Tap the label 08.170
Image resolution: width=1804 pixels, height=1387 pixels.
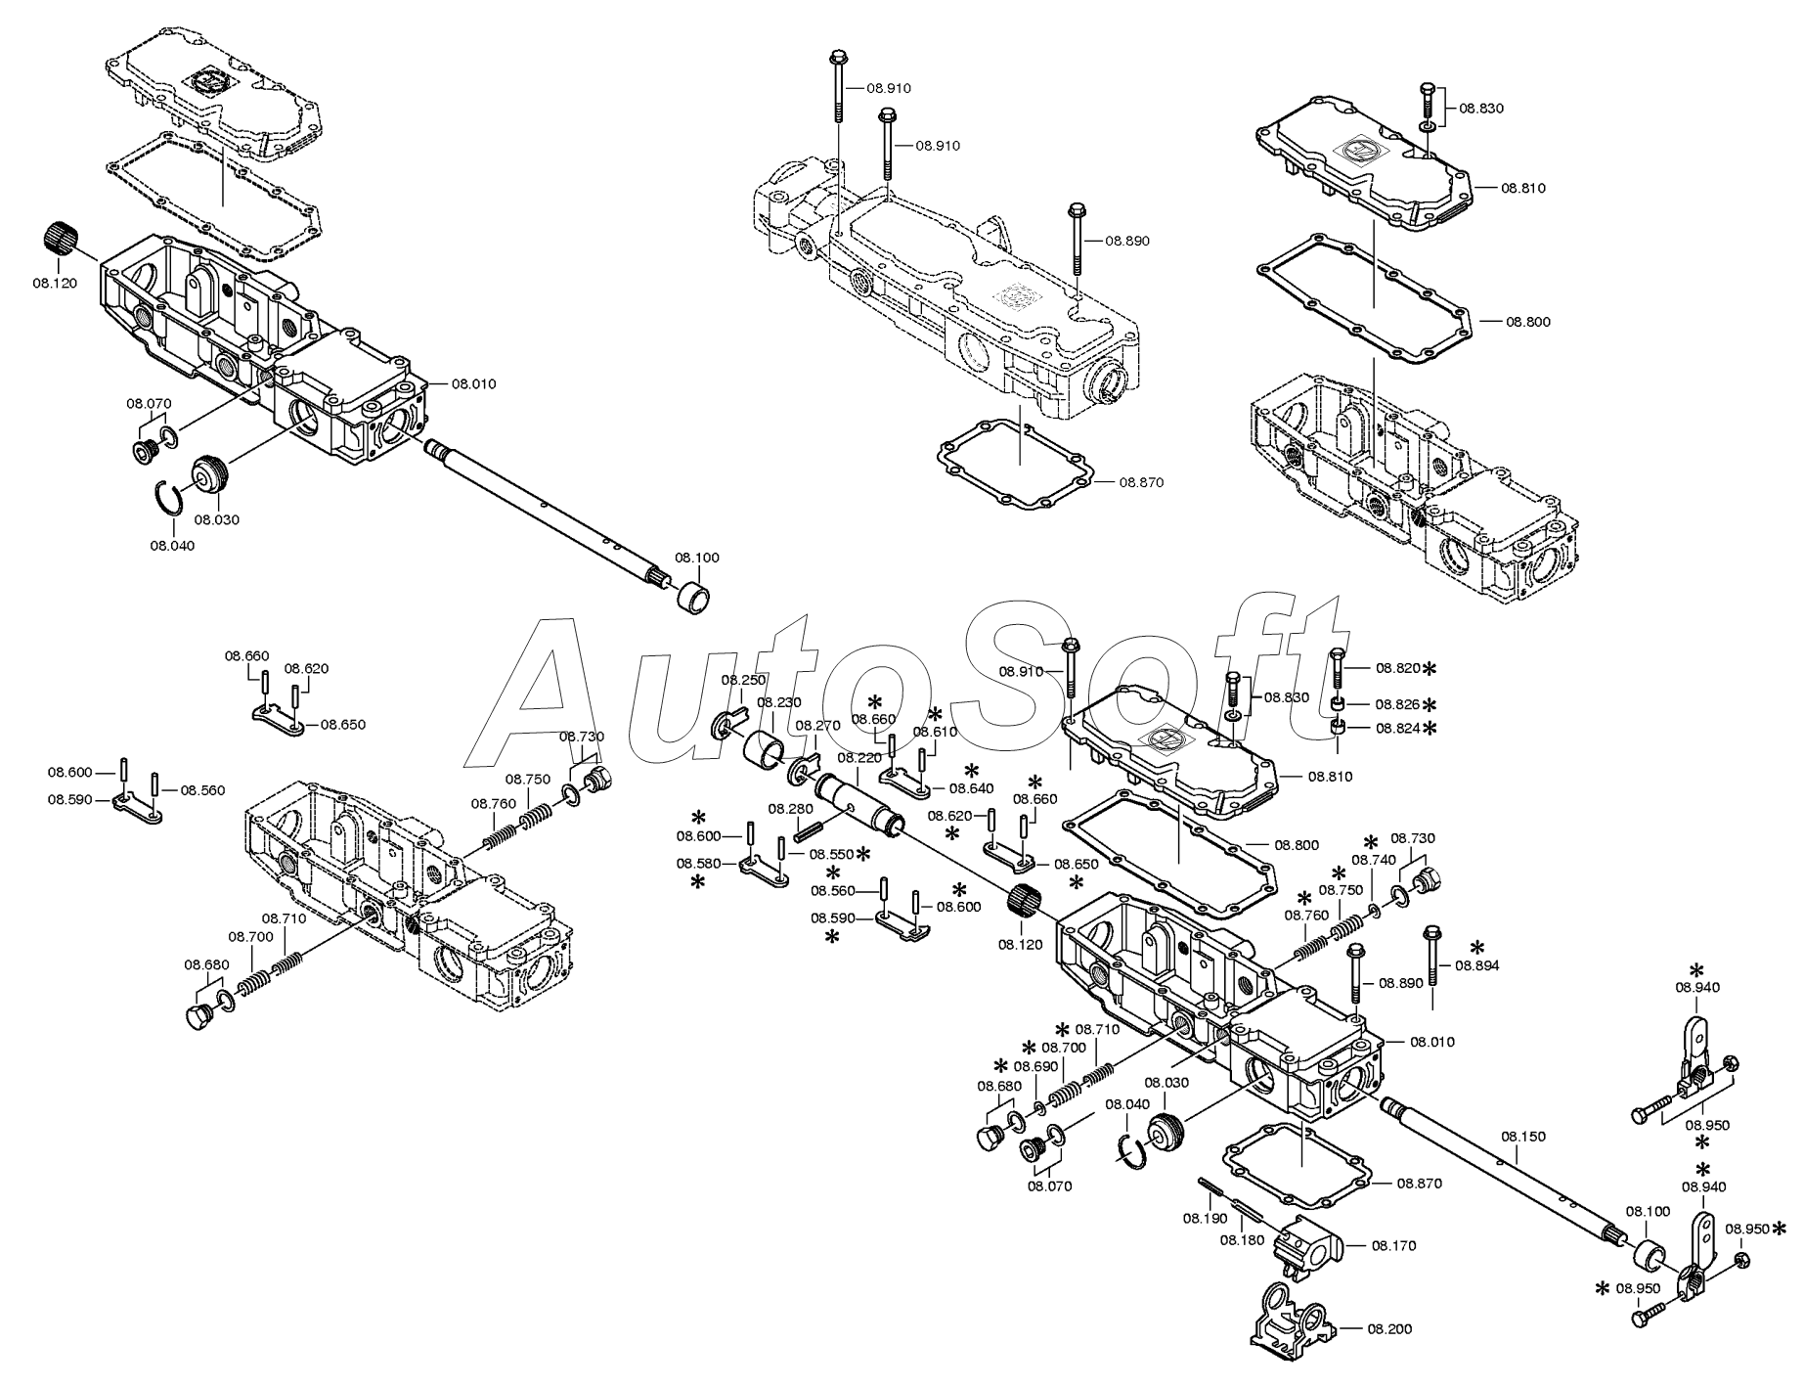(x=1393, y=1245)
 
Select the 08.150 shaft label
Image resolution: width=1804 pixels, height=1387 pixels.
(x=1523, y=1137)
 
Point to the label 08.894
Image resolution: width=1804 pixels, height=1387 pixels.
(x=1476, y=964)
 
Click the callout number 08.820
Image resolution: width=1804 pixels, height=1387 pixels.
(x=1398, y=668)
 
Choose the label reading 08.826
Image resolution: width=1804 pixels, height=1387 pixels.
(x=1398, y=703)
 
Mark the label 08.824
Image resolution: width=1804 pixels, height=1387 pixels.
(x=1398, y=728)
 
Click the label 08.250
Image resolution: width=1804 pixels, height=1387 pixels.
(x=744, y=679)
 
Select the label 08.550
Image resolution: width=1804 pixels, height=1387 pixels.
(x=830, y=853)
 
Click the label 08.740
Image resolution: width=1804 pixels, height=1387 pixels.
(x=1374, y=859)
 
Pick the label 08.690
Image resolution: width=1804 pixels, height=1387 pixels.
(x=1035, y=1066)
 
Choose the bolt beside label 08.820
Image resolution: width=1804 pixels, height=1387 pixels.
(x=1337, y=671)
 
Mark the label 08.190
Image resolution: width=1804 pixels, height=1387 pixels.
(x=1206, y=1218)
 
